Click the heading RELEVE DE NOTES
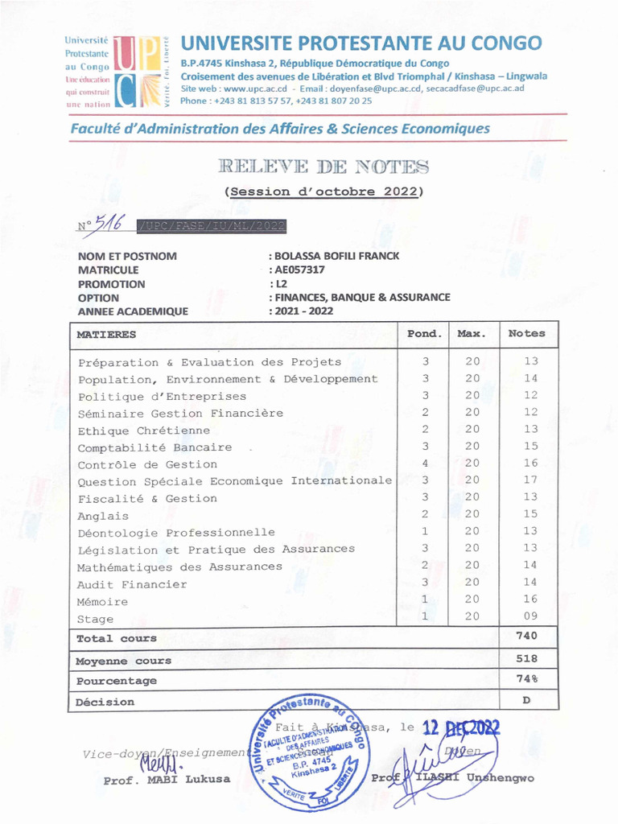[x=323, y=167]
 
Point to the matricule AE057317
[x=300, y=270]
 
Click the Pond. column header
[x=424, y=333]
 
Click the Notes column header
[x=527, y=333]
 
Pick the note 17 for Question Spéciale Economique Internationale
[x=529, y=480]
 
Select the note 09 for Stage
[x=529, y=616]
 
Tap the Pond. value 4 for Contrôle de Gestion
[x=425, y=463]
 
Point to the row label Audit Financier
[x=132, y=584]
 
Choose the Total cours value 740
[x=527, y=636]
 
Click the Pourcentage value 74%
[x=527, y=679]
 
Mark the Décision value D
[x=527, y=700]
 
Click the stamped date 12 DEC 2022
[x=461, y=729]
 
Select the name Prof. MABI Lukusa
[x=167, y=779]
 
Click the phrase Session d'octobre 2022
[x=323, y=192]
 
